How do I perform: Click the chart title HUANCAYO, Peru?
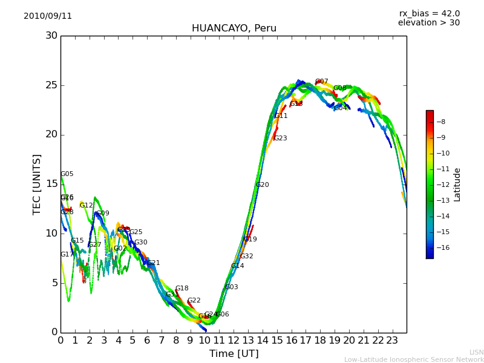[234, 28]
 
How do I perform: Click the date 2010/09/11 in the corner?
[48, 16]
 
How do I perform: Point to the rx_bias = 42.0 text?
[429, 13]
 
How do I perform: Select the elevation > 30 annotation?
[428, 23]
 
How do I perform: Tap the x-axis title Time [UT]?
[234, 354]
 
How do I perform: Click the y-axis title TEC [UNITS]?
[38, 184]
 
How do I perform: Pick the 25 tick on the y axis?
[51, 85]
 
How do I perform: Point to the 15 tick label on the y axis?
[51, 184]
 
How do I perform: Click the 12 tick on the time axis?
[234, 340]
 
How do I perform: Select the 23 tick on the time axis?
[392, 340]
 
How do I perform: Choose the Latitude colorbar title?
[457, 184]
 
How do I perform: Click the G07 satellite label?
[321, 82]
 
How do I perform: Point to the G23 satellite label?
[280, 139]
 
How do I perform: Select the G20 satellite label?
[262, 185]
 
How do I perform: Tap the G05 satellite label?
[67, 174]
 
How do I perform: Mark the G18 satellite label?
[181, 289]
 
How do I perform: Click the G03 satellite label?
[231, 287]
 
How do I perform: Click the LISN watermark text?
[476, 352]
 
